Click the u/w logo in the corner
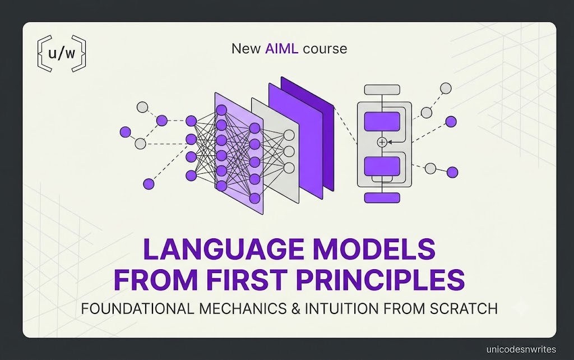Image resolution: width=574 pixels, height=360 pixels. [x=62, y=53]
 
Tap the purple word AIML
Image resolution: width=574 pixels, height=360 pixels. [x=281, y=49]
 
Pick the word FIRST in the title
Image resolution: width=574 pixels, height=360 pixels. [x=246, y=280]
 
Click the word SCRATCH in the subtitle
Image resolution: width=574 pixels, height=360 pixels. [x=464, y=309]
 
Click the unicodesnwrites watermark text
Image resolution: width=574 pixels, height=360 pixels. [x=521, y=349]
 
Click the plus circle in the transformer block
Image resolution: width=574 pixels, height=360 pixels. [x=382, y=142]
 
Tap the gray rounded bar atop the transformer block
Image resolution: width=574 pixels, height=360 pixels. [x=382, y=90]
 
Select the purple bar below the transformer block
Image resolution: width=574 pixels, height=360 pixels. [x=382, y=198]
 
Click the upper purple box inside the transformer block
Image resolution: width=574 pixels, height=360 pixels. [x=382, y=122]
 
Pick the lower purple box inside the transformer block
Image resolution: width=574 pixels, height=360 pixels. [x=382, y=166]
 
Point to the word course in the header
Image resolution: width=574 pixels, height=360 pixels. [x=325, y=49]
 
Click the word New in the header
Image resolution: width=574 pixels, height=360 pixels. [x=246, y=49]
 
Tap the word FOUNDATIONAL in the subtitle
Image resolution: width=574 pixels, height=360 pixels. [x=138, y=309]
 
